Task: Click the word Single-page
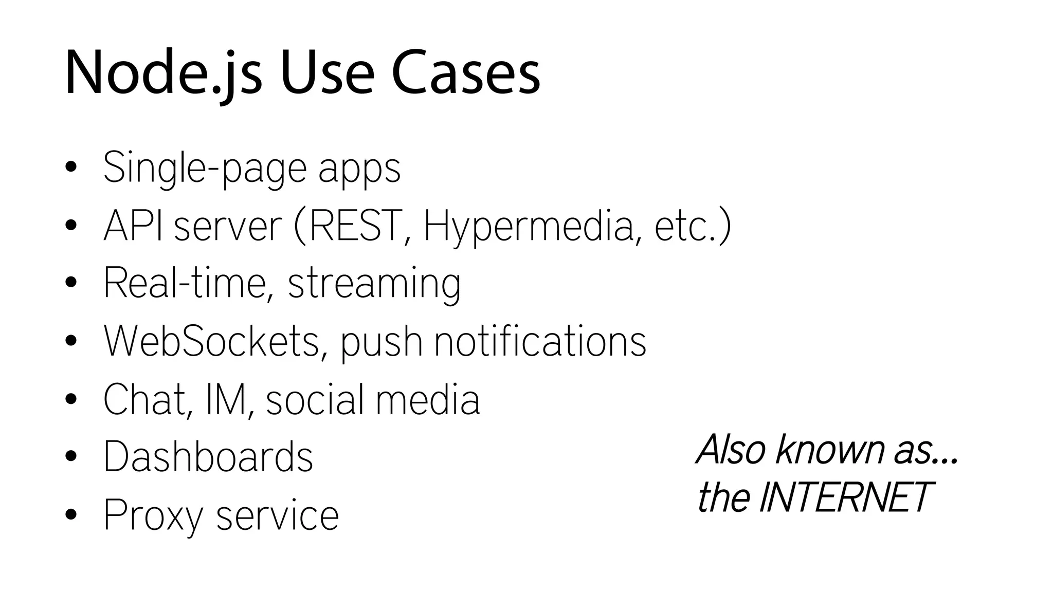[205, 168]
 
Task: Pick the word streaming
[374, 284]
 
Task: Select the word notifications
[540, 341]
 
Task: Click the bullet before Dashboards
[71, 456]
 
